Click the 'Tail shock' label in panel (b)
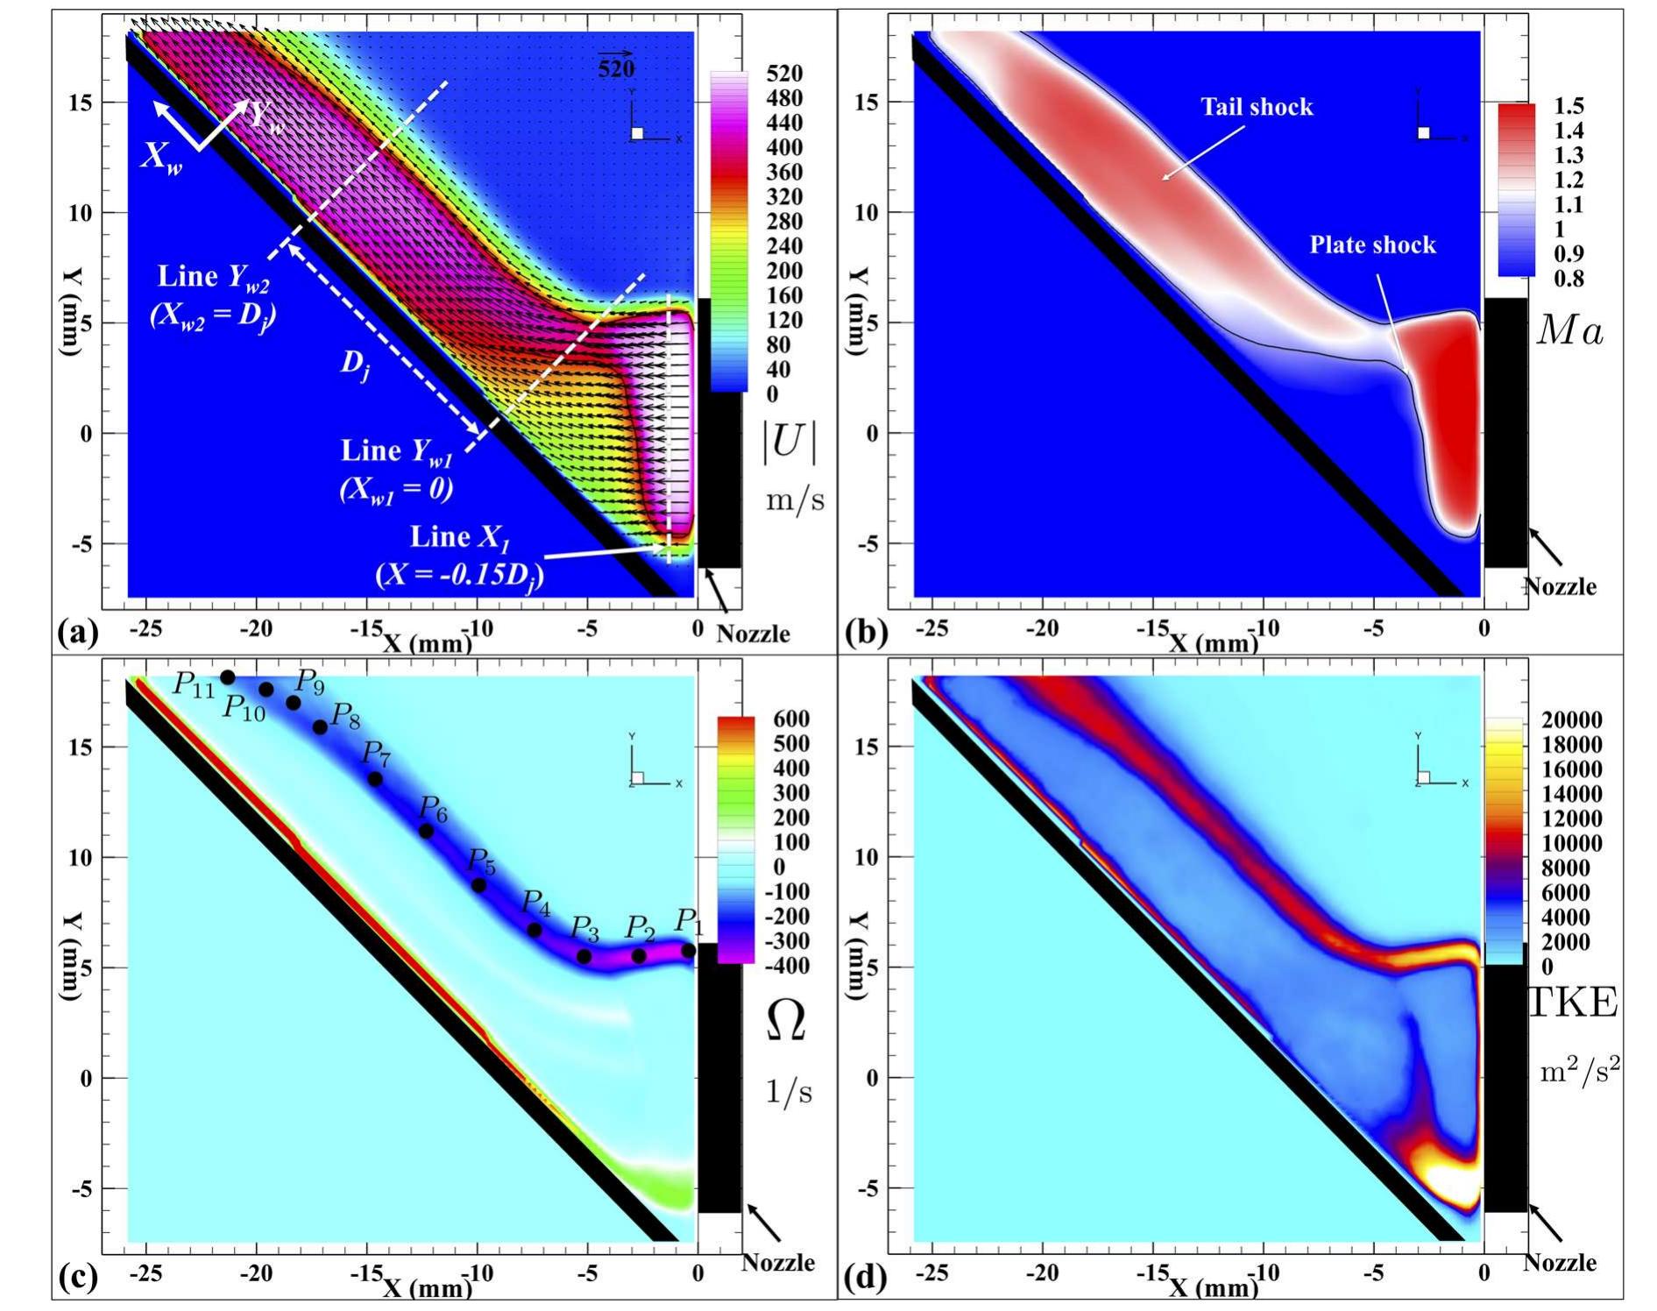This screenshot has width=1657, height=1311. tap(1257, 107)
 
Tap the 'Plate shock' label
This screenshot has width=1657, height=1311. tap(1372, 244)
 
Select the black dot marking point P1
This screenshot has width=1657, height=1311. tap(689, 951)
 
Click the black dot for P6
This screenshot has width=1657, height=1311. tap(427, 831)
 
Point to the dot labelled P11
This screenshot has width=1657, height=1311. tap(228, 677)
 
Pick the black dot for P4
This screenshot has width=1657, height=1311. tap(535, 930)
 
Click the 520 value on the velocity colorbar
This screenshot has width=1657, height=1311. tap(783, 74)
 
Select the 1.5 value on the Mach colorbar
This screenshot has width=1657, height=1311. tap(1568, 106)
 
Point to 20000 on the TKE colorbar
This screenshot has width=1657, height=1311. tap(1571, 720)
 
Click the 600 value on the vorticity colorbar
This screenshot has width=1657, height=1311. tap(790, 719)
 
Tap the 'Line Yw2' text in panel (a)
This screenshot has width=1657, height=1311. tap(213, 277)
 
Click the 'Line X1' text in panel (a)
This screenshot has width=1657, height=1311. tap(460, 537)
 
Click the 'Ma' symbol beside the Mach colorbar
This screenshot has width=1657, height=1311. tap(1570, 331)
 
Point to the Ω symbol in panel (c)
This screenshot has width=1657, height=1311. tap(786, 1021)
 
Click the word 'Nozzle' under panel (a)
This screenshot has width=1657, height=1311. tap(753, 634)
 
